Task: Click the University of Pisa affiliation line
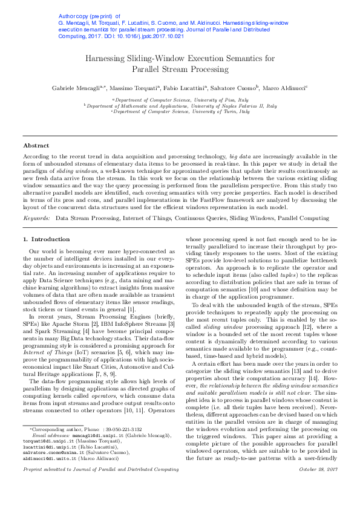pyautogui.click(x=180, y=99)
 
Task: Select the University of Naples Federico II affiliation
pyautogui.click(x=180, y=105)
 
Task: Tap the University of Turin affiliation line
pyautogui.click(x=180, y=111)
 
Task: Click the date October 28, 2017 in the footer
pyautogui.click(x=318, y=485)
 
